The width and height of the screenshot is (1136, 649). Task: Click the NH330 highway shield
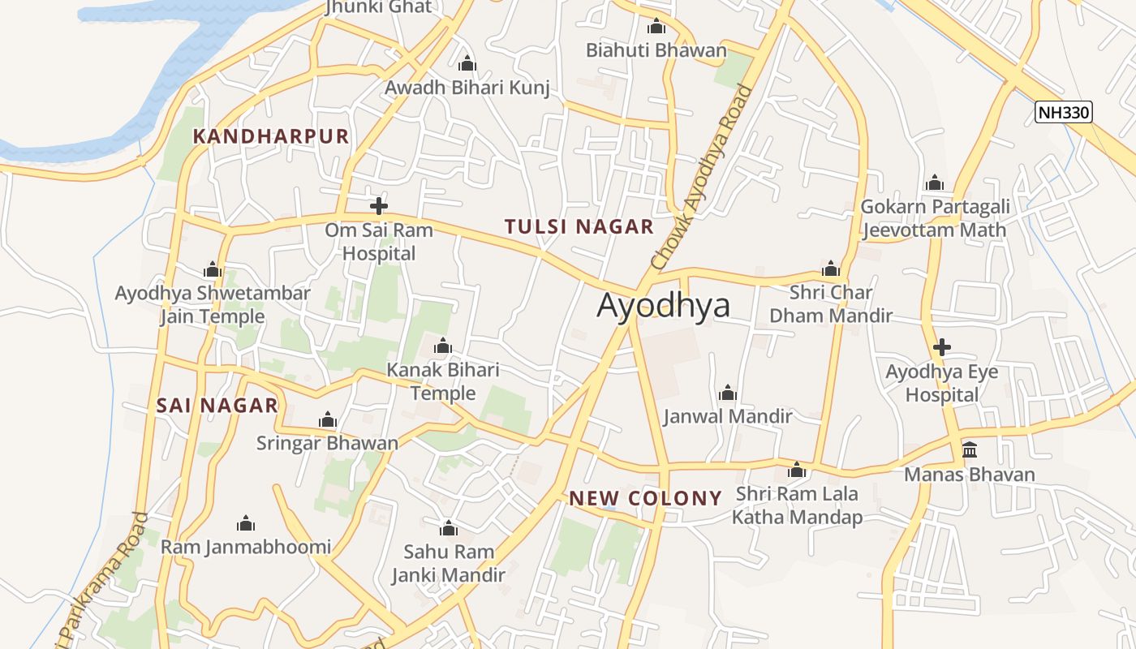click(x=1064, y=112)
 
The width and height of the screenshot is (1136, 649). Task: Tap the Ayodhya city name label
click(x=663, y=305)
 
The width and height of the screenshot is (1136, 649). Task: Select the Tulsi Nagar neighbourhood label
click(x=579, y=226)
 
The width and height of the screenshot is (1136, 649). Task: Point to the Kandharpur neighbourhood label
click(x=270, y=136)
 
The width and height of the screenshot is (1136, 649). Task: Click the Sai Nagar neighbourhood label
click(x=217, y=406)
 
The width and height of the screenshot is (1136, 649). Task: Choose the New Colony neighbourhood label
click(x=645, y=498)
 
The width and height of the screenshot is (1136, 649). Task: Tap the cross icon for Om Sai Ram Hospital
click(x=378, y=206)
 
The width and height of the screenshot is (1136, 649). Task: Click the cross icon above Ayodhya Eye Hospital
click(x=941, y=348)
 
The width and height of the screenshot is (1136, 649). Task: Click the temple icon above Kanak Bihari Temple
click(x=443, y=347)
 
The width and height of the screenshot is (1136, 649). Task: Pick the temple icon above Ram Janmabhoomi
click(x=245, y=524)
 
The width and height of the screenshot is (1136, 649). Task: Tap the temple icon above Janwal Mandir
click(x=728, y=394)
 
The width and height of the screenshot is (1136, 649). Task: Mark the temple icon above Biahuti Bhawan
click(x=656, y=27)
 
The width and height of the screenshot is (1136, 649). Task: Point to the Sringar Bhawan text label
click(x=327, y=443)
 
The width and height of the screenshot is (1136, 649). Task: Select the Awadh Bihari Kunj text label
click(x=467, y=88)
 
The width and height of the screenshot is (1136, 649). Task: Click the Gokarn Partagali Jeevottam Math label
click(x=934, y=218)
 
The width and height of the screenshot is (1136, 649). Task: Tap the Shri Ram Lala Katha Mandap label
click(x=797, y=505)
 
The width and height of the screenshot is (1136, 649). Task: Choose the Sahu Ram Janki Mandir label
click(x=448, y=563)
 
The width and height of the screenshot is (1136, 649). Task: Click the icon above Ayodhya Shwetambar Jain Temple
click(x=213, y=270)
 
